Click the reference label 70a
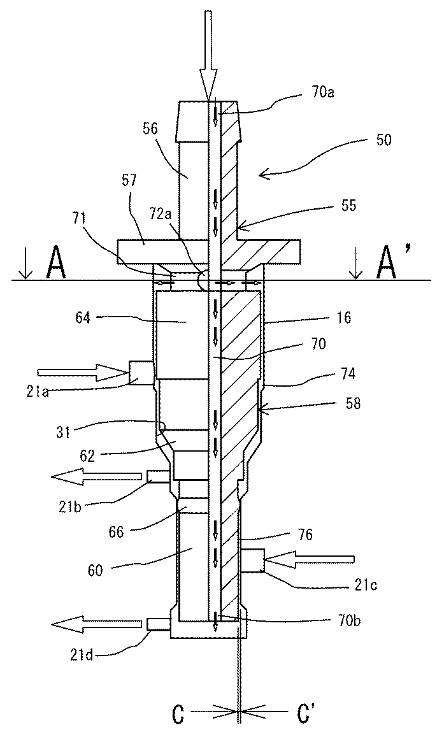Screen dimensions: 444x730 coord(323,92)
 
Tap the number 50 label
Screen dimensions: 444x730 coord(383,140)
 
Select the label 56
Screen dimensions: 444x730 coord(150,129)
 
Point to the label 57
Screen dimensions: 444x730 coord(129,180)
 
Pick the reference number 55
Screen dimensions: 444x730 coord(348,205)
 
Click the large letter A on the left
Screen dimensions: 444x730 coord(55,264)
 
